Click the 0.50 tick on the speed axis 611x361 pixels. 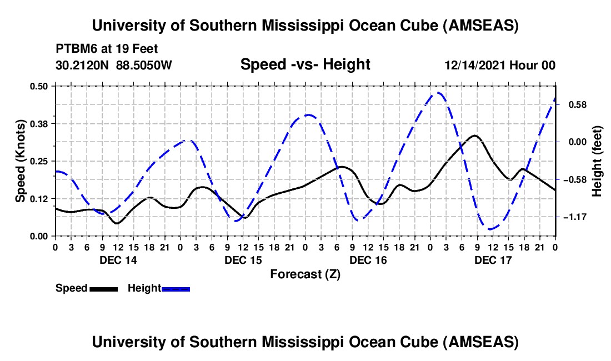40,86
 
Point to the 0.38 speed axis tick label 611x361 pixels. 40,123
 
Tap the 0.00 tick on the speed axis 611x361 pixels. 40,236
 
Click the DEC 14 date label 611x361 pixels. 118,260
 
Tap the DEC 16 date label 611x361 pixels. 368,260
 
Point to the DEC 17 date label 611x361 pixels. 493,260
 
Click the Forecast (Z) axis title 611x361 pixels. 305,274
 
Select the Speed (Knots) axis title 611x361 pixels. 20,161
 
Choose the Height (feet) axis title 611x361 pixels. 598,161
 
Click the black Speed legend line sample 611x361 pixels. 103,288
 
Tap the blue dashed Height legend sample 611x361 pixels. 176,288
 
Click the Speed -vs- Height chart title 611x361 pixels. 305,65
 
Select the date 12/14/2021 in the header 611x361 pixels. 475,66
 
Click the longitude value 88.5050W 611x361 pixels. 144,65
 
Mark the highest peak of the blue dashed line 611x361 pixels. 438,93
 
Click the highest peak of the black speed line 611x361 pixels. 474,136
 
